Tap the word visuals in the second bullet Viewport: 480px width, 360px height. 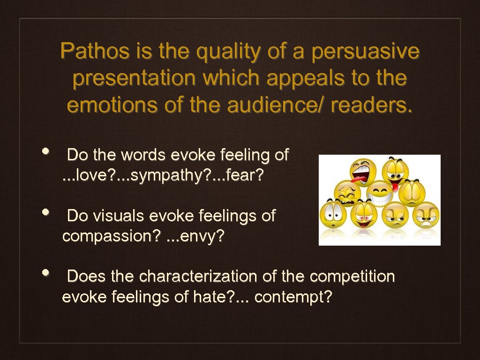pos(119,216)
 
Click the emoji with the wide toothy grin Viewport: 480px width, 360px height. pos(380,194)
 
